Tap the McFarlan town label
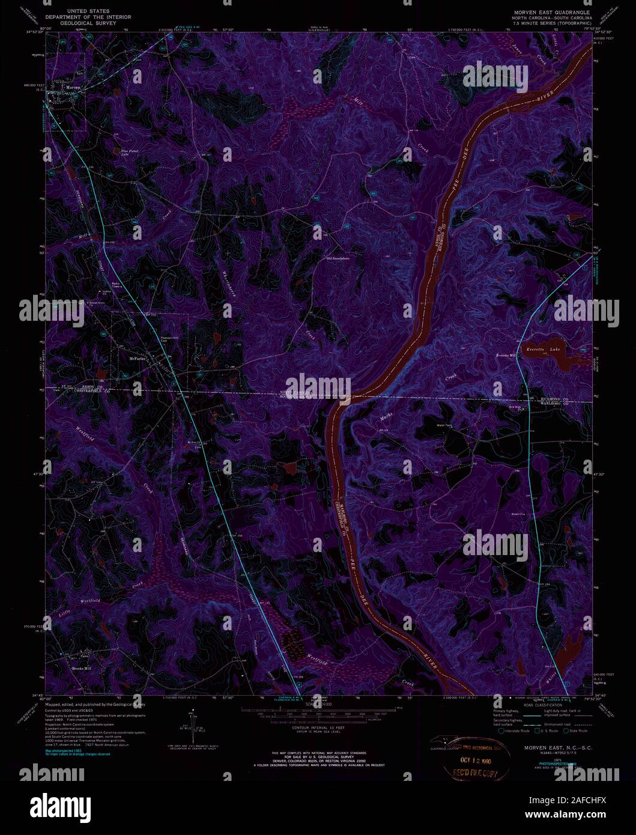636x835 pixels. coord(139,359)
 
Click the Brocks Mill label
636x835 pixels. coord(80,669)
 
